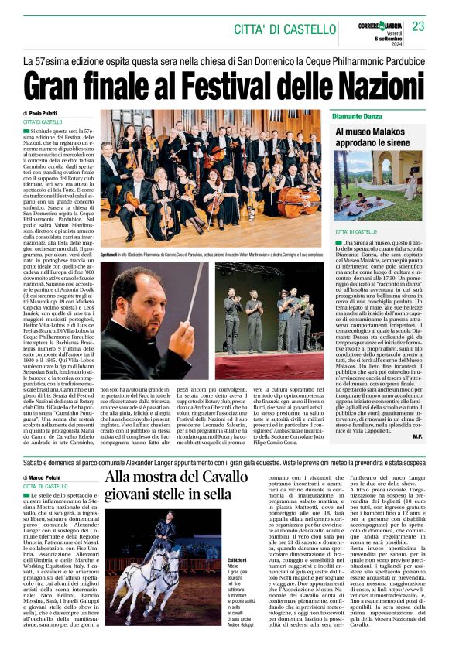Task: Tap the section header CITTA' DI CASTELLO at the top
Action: pos(282,29)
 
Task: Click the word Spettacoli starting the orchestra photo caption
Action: pos(114,255)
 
